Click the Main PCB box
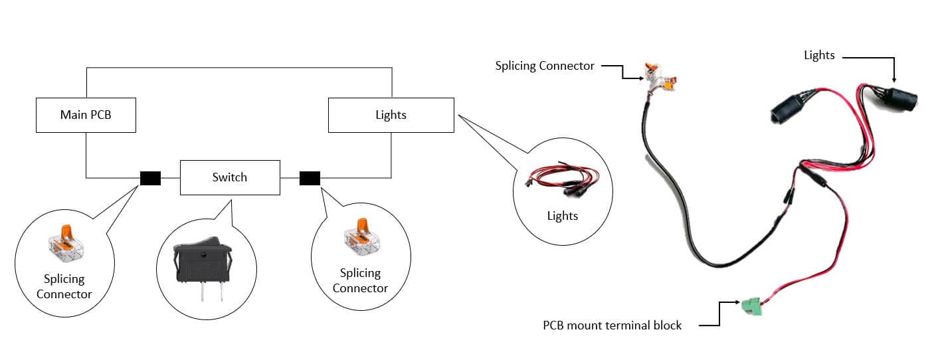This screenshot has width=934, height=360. point(86,115)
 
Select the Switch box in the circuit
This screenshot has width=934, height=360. point(230,177)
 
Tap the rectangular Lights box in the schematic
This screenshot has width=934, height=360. point(391,115)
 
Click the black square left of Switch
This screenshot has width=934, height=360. point(150,178)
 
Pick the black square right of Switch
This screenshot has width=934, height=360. point(310,178)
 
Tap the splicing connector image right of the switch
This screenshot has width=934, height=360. point(362,237)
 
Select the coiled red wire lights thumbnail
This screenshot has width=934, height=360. point(563,180)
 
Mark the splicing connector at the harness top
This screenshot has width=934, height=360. point(660,78)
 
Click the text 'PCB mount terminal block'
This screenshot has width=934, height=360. point(612,325)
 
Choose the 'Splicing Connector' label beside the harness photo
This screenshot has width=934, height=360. point(545,66)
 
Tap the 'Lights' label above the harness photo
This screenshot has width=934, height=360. point(819,56)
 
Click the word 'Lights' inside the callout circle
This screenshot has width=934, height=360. point(563,216)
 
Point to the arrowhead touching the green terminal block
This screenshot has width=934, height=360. point(737,302)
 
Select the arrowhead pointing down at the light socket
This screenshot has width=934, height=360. point(894,79)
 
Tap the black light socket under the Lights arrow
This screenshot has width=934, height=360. point(897,98)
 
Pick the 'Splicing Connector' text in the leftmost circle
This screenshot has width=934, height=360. point(64,286)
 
